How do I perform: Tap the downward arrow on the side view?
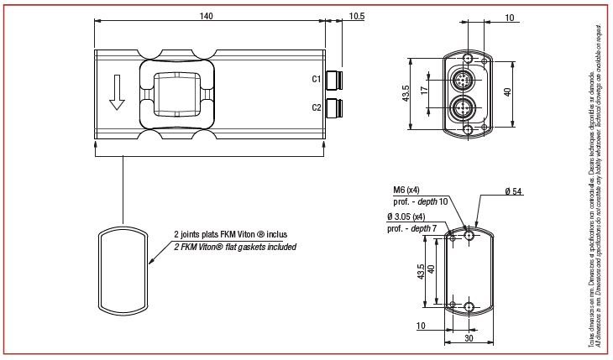pyautogui.click(x=117, y=92)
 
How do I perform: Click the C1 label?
pyautogui.click(x=317, y=80)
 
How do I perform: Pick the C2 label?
pyautogui.click(x=317, y=107)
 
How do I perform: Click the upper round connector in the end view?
pyautogui.click(x=464, y=80)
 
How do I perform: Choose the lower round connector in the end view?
pyautogui.click(x=464, y=107)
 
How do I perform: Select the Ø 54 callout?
pyautogui.click(x=513, y=192)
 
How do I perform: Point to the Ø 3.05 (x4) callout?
pyautogui.click(x=406, y=217)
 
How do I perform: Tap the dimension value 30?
pyautogui.click(x=469, y=340)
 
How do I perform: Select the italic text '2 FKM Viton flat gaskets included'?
pyautogui.click(x=234, y=248)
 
